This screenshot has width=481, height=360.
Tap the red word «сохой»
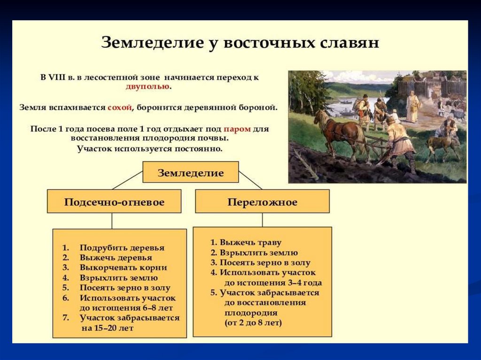(x=119, y=107)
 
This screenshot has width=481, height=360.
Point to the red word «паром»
(x=237, y=129)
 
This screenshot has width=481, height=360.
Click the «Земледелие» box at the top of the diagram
(x=190, y=173)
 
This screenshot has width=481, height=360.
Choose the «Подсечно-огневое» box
(x=114, y=202)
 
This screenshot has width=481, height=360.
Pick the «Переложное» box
(x=262, y=202)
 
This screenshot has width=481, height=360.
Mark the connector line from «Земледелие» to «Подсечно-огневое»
(x=127, y=180)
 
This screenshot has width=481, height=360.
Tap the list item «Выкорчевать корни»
(x=123, y=268)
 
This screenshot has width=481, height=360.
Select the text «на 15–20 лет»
(x=108, y=328)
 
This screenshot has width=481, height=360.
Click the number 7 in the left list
(x=66, y=318)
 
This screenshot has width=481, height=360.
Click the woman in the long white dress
(x=412, y=107)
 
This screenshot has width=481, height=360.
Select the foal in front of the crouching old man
(x=441, y=145)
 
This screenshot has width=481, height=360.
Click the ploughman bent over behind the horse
(x=399, y=141)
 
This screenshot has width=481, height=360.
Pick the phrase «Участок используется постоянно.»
(x=149, y=149)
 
